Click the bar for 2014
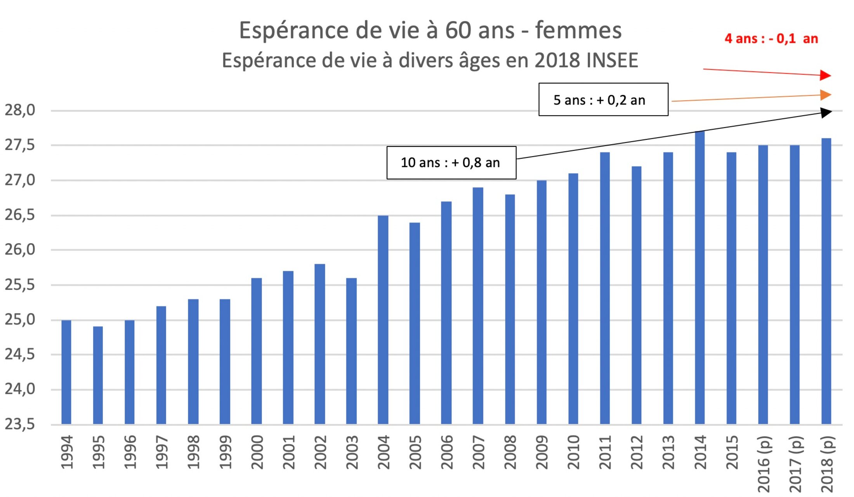[700, 277]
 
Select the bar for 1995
[98, 375]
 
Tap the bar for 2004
[383, 319]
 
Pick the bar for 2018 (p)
[826, 281]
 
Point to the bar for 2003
[351, 351]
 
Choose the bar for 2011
[605, 288]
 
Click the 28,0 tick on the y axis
[20, 110]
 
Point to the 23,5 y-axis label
[20, 424]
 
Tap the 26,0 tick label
[20, 249]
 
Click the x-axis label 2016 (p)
[764, 464]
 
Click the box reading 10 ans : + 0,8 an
[451, 162]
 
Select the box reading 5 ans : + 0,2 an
[603, 100]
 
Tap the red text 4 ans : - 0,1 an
[771, 39]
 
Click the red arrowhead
[825, 75]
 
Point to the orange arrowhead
[825, 95]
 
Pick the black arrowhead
[826, 113]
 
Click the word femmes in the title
[578, 30]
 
